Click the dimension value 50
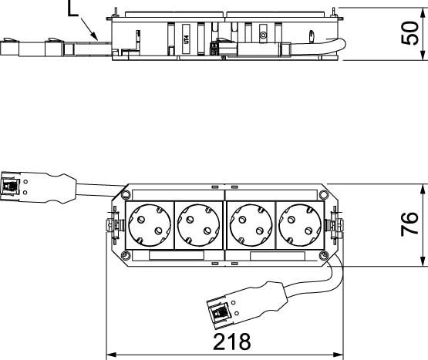pos(413,33)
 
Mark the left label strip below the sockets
pos(176,257)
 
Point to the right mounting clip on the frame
pos(335,226)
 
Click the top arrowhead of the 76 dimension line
pos(423,188)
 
